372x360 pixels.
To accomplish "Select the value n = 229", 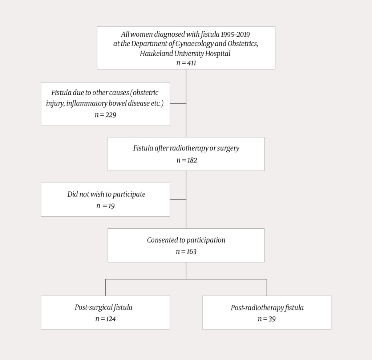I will (105, 115).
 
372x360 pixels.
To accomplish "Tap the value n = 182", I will (186, 160).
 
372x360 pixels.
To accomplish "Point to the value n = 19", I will (105, 206).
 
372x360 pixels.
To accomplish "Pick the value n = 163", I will (186, 251).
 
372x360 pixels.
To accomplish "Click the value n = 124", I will (105, 319).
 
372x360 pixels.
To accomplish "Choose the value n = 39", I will (267, 319).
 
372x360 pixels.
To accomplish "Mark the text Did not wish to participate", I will (106, 194).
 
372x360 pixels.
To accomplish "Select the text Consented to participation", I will (186, 240).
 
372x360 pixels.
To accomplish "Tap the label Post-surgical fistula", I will (104, 307).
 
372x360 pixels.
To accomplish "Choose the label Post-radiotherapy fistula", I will (267, 308).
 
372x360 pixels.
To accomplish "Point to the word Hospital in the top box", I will (219, 53).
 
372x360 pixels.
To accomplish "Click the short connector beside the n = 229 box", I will (178, 104).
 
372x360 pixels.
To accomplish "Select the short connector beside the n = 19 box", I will (178, 200).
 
